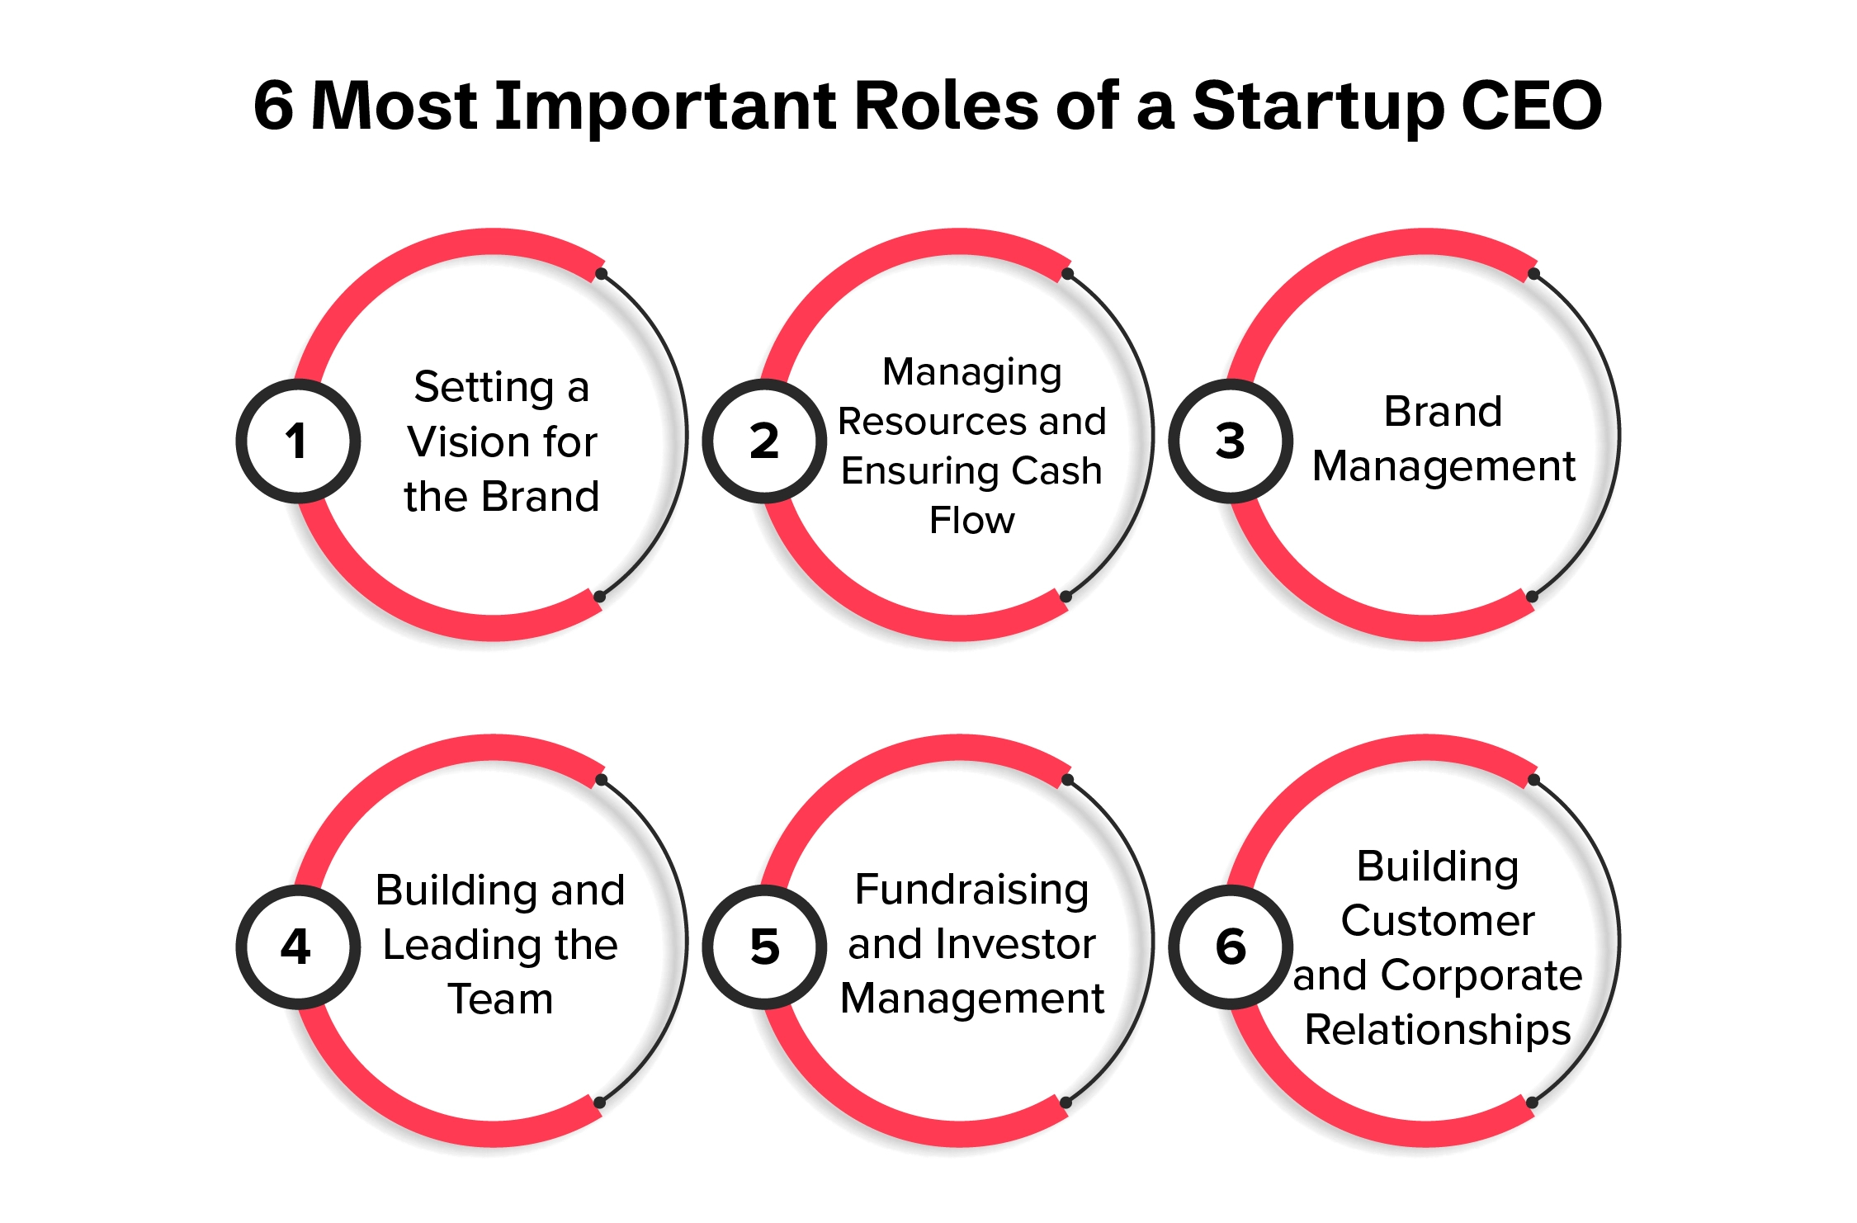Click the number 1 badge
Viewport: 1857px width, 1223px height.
298,441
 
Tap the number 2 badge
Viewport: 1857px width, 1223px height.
764,441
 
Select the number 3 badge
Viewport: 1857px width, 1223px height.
1231,441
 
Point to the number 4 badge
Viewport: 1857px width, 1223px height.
298,947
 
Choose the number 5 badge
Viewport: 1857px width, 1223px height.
764,947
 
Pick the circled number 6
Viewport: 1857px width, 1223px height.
1231,947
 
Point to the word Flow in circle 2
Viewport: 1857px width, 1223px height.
971,521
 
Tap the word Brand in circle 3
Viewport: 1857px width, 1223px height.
1443,412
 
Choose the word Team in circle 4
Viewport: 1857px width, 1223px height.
500,999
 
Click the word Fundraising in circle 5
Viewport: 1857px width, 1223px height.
971,890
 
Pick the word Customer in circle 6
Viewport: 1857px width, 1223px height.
1438,921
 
